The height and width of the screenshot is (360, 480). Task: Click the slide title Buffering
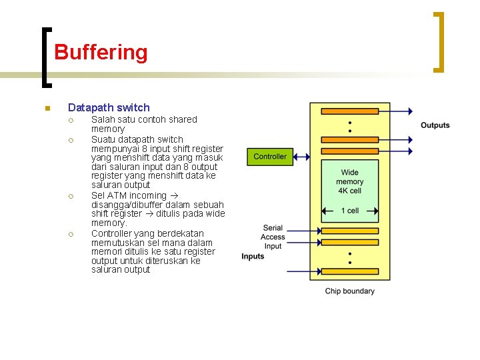[x=101, y=52]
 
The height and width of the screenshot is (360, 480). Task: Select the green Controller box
[x=270, y=157]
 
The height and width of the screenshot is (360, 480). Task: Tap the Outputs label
[x=435, y=125]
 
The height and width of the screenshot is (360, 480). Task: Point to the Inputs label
[x=253, y=257]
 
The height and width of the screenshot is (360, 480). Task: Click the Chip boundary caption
[x=349, y=291]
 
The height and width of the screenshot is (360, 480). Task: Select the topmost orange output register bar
[x=350, y=111]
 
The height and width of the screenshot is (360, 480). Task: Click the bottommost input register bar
[x=350, y=273]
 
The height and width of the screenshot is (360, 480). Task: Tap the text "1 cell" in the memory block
[x=350, y=211]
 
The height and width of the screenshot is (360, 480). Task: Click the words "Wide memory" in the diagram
[x=350, y=177]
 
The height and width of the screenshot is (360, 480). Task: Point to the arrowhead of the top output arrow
[x=409, y=111]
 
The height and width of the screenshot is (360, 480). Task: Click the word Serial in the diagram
[x=273, y=228]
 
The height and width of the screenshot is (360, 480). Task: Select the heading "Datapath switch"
[x=109, y=107]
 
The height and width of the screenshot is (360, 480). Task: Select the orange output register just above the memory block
[x=350, y=152]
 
